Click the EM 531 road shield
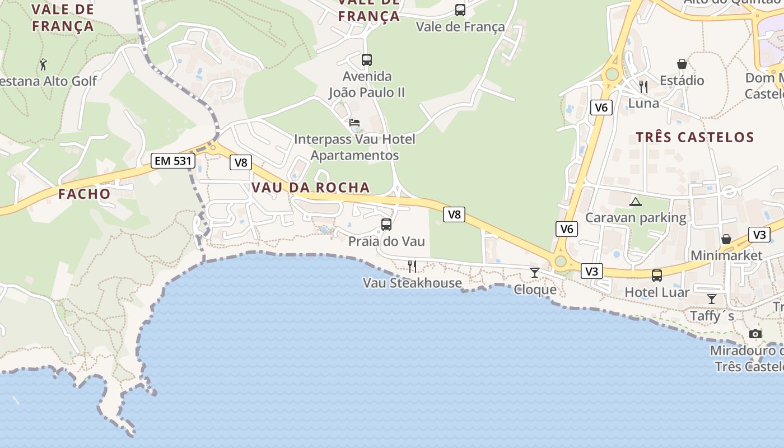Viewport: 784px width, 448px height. tap(172, 161)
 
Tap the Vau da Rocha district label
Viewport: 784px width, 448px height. tap(311, 188)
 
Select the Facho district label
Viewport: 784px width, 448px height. tap(85, 194)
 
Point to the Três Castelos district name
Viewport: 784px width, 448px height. tap(695, 137)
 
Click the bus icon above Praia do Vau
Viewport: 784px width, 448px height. tap(386, 225)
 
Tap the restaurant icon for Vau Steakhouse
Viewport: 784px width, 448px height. tap(412, 266)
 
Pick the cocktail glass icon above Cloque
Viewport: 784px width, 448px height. tap(535, 273)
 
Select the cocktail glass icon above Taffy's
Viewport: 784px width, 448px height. tap(712, 299)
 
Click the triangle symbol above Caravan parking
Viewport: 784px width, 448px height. tap(635, 202)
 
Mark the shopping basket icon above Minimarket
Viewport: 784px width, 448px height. tap(726, 239)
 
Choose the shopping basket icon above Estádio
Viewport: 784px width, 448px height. tap(682, 64)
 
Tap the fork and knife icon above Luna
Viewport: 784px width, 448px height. tap(643, 86)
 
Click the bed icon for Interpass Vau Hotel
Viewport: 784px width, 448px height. tap(354, 123)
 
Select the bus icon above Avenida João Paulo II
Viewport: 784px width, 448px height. tap(367, 59)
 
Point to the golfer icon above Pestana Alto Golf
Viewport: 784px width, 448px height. tap(43, 64)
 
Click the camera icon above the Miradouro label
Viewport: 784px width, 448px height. tap(755, 334)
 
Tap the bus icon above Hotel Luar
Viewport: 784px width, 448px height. tap(657, 276)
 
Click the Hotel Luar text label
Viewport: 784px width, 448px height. tap(657, 292)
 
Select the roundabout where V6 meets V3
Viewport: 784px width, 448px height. tap(560, 262)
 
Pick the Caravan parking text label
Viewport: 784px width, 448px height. tap(636, 218)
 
